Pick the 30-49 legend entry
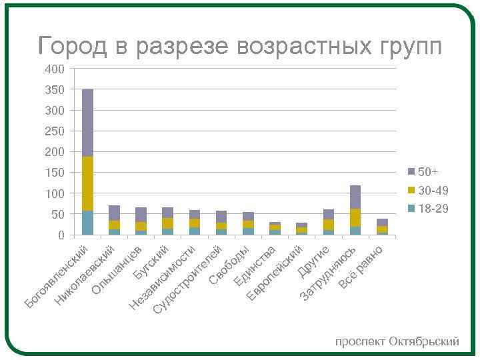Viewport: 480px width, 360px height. coord(434,191)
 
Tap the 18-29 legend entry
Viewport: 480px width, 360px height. coord(434,209)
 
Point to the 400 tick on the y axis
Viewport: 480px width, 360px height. coord(55,69)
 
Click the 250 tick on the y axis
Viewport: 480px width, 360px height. coord(55,131)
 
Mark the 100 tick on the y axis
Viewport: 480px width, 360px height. coord(55,193)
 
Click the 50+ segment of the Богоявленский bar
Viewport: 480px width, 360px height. coord(87,123)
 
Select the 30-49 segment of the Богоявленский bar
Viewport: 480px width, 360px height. coord(87,183)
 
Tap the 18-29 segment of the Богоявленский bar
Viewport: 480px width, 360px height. coord(87,223)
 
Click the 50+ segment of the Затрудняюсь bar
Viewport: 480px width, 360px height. coord(355,197)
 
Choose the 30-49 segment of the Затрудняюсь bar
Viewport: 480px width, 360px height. coord(355,217)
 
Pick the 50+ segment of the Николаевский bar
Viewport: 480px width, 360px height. coord(114,213)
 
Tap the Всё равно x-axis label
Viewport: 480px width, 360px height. coord(361,267)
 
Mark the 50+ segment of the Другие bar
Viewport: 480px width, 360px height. coord(329,214)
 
